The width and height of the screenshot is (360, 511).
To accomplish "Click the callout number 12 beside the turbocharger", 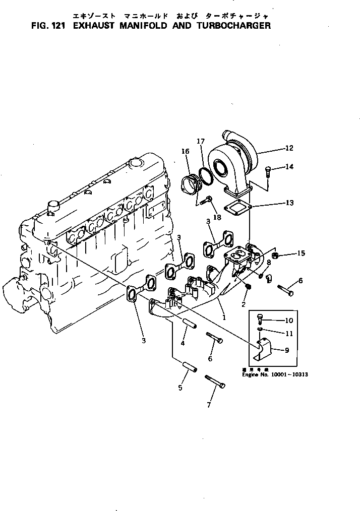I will (289, 148).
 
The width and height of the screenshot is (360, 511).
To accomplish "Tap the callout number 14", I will (289, 167).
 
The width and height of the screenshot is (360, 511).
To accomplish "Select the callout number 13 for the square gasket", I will (289, 203).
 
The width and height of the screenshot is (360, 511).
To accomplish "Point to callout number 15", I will (301, 253).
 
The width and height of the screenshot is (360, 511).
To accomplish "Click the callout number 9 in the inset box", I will (287, 350).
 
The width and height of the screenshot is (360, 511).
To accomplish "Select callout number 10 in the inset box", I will (289, 320).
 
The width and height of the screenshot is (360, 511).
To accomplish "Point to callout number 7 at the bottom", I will (209, 405).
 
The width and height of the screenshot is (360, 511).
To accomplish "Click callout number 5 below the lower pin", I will (180, 388).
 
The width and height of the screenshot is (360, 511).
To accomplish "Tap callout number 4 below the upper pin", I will (183, 343).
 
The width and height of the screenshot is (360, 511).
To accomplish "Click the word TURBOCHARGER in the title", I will (230, 25).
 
